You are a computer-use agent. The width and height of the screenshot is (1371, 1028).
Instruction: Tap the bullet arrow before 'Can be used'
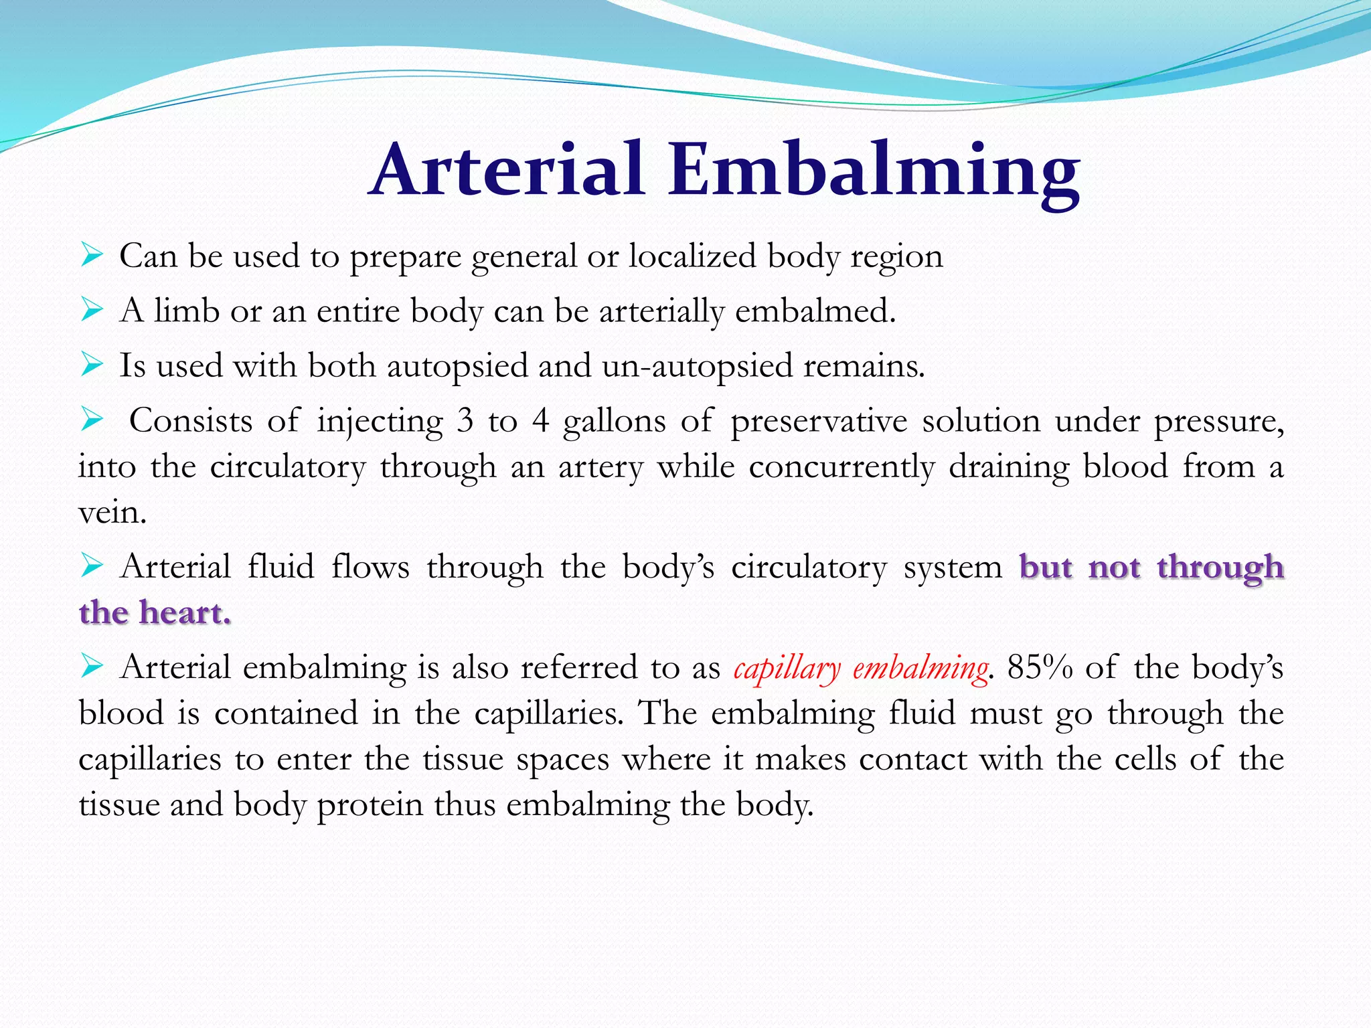click(x=91, y=255)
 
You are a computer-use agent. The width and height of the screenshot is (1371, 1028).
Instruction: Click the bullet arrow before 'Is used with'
click(x=91, y=365)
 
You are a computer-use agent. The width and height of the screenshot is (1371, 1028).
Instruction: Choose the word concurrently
click(x=841, y=467)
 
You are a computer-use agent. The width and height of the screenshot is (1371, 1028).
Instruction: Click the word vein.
click(x=111, y=513)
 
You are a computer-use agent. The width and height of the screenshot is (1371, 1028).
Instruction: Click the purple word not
click(x=1114, y=567)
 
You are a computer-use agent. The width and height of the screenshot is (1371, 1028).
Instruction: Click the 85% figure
click(x=1039, y=667)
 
